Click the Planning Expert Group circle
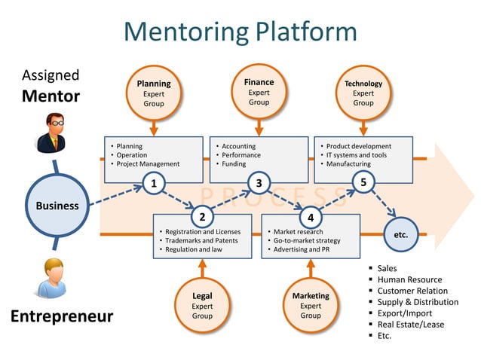pos(154,93)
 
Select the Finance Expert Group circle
pos(259,91)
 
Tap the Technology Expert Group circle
pos(363,93)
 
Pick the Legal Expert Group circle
pos(202,306)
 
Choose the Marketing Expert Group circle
pos(311,306)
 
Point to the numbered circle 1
pos(154,183)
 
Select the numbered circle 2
pos(202,217)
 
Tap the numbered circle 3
pos(259,183)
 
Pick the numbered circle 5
pos(363,182)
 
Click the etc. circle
pos(401,234)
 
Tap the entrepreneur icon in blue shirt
pos(51,278)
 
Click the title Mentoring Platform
pos(240,32)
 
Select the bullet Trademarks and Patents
pos(198,240)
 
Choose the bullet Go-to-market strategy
pos(306,240)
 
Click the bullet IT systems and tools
pos(357,155)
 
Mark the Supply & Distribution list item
pos(418,302)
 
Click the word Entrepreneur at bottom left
pos(62,316)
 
